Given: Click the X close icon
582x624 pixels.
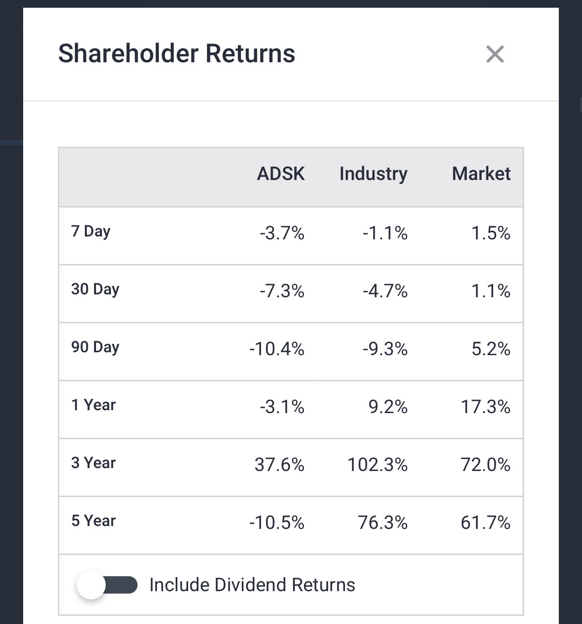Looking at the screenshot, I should [495, 54].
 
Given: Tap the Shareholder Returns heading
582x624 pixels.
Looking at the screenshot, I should [177, 54].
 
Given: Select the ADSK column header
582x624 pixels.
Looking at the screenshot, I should [281, 174].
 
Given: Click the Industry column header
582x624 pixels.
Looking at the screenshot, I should [374, 174].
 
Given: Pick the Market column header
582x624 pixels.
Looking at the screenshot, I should [481, 174].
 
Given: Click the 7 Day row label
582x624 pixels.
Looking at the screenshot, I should [91, 232].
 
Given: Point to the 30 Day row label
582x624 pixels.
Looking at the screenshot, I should [95, 289].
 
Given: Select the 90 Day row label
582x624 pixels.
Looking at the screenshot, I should [95, 347].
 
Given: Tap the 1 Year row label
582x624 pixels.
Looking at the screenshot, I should [94, 405].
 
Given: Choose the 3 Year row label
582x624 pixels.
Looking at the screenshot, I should [94, 463].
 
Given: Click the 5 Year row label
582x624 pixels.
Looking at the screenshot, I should [94, 521].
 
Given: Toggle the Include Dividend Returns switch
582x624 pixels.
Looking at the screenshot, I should [107, 585].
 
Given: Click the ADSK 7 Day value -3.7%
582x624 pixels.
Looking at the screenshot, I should [282, 234].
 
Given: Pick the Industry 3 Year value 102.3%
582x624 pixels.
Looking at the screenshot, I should [377, 465].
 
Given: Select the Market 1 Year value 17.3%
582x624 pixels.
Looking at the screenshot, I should [485, 407].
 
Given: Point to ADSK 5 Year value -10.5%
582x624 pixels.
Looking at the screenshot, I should [277, 523].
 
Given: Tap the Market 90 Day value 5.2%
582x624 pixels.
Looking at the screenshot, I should [491, 349].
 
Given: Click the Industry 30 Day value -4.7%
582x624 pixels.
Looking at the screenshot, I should [385, 291].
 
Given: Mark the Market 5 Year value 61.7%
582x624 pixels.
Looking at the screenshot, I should [485, 523].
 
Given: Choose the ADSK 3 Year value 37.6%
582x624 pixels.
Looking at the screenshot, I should [279, 465].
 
